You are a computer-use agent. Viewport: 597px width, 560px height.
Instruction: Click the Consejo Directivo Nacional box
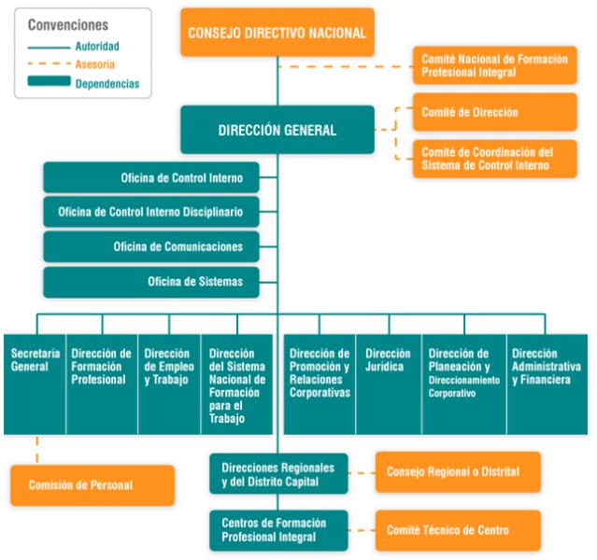277,33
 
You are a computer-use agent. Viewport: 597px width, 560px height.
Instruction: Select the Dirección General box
277,130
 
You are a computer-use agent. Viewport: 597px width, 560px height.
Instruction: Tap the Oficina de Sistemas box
151,282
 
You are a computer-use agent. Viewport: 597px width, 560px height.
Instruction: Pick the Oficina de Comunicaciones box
151,246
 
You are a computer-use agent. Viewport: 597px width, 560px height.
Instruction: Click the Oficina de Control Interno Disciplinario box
151,212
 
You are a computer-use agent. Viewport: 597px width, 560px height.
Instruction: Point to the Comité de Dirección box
495,112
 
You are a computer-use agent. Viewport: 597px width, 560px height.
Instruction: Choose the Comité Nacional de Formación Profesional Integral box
495,65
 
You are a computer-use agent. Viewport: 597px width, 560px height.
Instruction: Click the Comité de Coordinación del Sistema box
495,159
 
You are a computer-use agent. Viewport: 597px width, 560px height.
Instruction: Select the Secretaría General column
35,385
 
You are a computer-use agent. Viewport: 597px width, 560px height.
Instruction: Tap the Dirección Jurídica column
389,385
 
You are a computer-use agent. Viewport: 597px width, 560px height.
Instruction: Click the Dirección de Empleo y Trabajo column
169,385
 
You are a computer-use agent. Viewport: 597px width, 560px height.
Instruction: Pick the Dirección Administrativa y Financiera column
547,385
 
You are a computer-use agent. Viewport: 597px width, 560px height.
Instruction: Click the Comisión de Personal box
92,485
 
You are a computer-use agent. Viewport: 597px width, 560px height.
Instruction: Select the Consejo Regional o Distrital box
458,472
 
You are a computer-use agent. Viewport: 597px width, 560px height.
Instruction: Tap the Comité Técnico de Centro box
458,530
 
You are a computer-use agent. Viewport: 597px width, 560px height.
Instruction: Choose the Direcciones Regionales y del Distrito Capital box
278,474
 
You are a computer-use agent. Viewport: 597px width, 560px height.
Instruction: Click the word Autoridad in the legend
97,47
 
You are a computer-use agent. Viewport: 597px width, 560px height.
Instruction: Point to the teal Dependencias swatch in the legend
50,81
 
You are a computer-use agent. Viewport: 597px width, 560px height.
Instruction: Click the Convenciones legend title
68,25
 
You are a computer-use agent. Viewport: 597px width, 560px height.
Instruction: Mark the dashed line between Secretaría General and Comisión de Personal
37,450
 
